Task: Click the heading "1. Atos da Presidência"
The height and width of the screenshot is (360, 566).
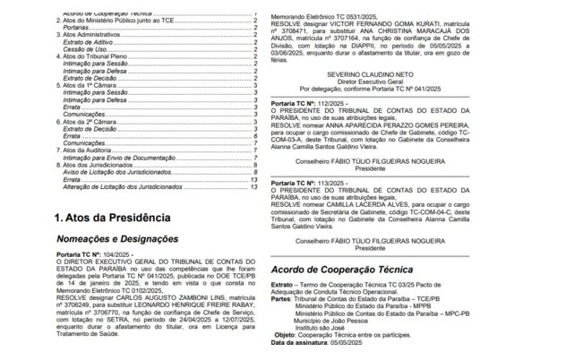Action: coord(112,218)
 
